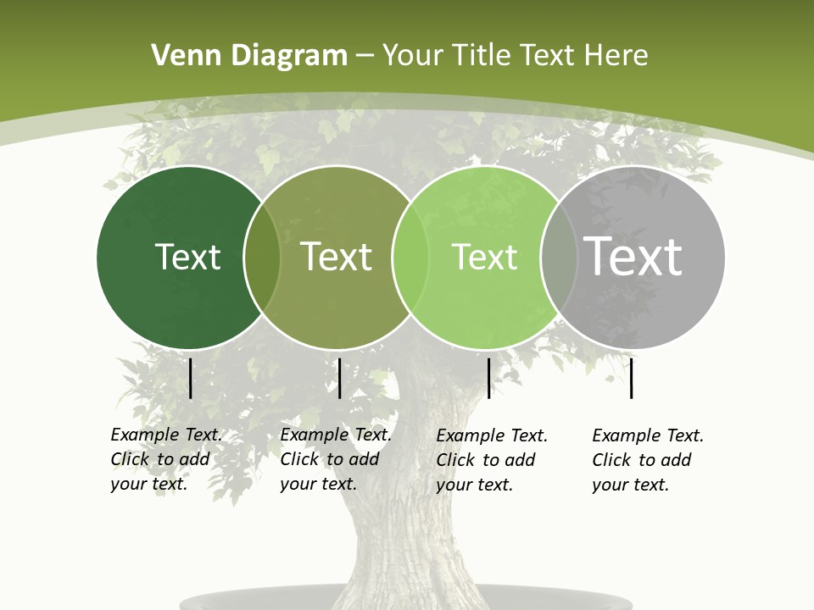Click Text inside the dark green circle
coord(187,257)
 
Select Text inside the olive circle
coord(336,257)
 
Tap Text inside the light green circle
coord(484,257)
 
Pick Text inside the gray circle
coord(633,257)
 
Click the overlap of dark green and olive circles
coord(262,258)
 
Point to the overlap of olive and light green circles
coord(410,258)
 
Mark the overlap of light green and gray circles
coord(558,258)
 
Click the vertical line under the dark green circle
coord(191,378)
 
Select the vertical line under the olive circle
coord(339,378)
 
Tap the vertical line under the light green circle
coord(488,378)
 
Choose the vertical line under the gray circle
coord(632,378)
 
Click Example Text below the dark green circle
coord(166,435)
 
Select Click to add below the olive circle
coord(329,459)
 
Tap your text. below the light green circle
coord(474,485)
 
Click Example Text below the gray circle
coord(648,435)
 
